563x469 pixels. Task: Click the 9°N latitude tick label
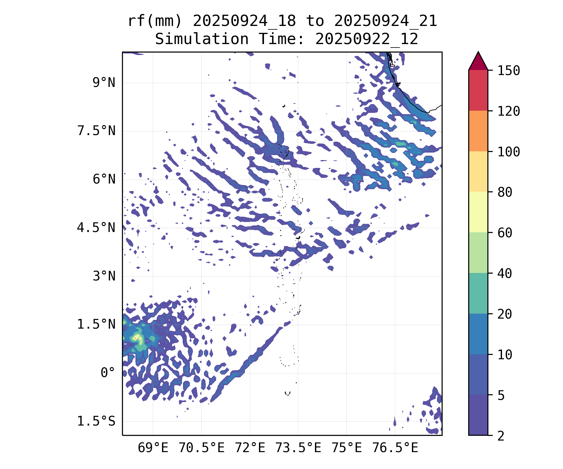point(104,83)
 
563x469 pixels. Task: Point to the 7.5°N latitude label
point(96,131)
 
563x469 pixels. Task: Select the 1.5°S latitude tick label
point(96,421)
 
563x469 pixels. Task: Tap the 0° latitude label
point(108,373)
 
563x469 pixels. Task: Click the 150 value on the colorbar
point(509,71)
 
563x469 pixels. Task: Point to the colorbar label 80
point(505,192)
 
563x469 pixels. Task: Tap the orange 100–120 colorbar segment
point(478,131)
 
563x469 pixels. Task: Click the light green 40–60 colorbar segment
point(478,253)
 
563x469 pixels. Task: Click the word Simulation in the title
point(202,39)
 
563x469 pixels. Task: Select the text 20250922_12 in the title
point(367,39)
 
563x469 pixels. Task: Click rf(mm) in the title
point(155,21)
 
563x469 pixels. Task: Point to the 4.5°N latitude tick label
point(96,228)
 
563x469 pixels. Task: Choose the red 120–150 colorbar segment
point(478,90)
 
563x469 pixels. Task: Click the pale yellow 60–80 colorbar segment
point(478,212)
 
